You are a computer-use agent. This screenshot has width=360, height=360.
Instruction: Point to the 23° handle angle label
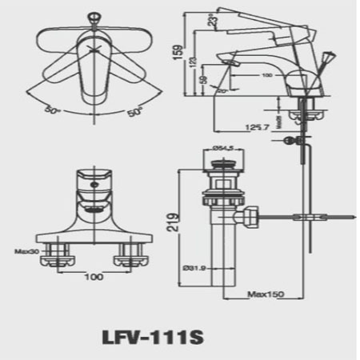(x=212, y=19)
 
